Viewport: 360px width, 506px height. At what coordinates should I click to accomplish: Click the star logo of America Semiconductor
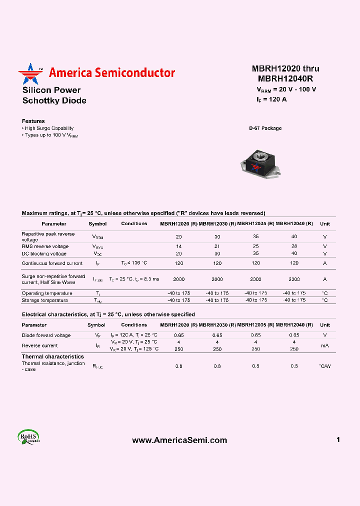click(30, 73)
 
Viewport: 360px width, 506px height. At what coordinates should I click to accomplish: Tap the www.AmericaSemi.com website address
click(179, 440)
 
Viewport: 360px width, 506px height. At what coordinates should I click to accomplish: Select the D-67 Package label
click(265, 128)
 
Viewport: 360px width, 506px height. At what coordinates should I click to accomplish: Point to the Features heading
click(33, 121)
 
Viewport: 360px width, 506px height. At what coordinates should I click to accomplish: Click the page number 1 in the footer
click(338, 439)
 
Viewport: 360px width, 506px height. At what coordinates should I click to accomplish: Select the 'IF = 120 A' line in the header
click(271, 99)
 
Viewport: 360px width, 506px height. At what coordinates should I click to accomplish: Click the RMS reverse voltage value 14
click(178, 246)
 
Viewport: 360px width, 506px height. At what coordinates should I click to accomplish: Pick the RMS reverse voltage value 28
click(294, 246)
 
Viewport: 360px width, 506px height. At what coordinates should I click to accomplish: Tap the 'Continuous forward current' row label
click(52, 263)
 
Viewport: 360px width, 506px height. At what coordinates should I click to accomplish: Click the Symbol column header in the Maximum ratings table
click(97, 224)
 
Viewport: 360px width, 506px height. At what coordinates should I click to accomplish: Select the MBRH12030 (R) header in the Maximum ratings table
click(217, 224)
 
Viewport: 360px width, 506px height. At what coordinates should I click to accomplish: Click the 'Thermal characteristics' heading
click(52, 356)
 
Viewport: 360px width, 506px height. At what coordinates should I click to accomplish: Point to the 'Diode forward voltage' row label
click(46, 335)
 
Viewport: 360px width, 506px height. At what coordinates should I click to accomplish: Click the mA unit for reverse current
click(324, 345)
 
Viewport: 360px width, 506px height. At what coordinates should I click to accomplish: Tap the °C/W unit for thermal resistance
click(324, 366)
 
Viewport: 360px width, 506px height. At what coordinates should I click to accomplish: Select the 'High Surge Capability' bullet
click(48, 128)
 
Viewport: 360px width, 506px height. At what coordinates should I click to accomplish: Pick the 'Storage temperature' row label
click(44, 300)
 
